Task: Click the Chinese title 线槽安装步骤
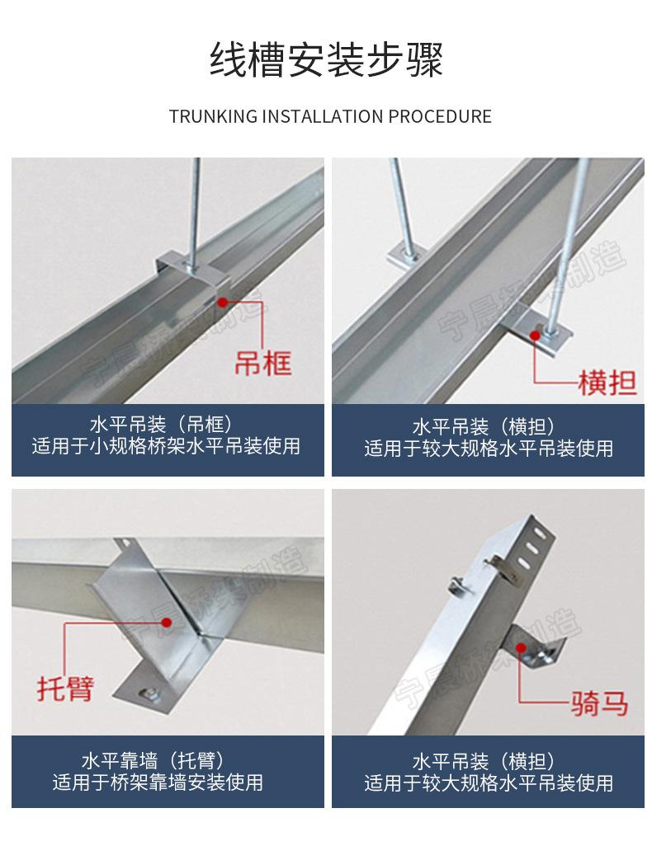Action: click(x=326, y=60)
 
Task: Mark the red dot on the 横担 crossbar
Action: click(x=536, y=335)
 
